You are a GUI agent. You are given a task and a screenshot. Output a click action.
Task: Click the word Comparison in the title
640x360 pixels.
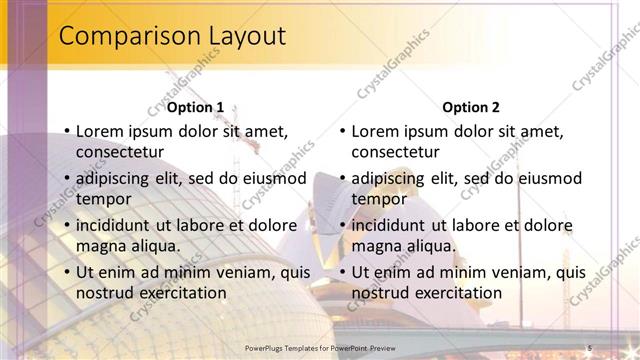[124, 37]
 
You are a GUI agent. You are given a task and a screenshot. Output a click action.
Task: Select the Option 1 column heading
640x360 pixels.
[196, 107]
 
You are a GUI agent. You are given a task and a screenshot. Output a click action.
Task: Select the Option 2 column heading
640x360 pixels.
[472, 107]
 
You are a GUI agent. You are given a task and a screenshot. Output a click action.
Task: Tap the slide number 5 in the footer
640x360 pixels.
[590, 346]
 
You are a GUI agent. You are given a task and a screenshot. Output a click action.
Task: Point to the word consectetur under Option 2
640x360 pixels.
[395, 152]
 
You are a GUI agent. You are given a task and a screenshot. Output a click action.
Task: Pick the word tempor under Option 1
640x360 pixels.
[103, 199]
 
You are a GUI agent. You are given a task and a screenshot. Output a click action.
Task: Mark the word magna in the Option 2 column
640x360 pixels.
[376, 246]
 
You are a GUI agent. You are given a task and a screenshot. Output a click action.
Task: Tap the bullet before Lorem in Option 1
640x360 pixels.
[66, 132]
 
